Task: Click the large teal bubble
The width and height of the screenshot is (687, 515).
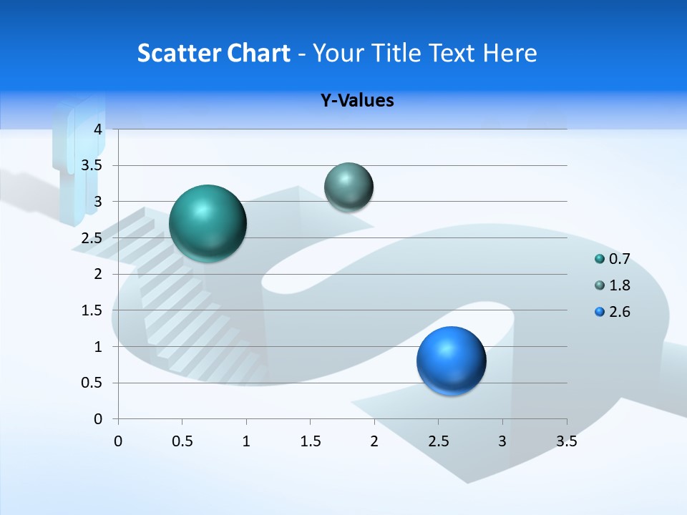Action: coord(208,223)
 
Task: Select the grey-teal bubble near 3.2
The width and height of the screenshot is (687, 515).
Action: coord(349,187)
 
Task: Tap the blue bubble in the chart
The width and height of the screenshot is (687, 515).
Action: coord(451,360)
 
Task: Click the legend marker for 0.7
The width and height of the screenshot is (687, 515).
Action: coord(600,259)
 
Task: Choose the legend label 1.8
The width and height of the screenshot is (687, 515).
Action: coord(619,285)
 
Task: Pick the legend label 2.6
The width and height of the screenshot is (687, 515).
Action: coord(619,312)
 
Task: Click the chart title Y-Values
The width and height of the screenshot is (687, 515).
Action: coord(357,101)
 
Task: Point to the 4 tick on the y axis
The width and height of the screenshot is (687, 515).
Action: coord(99,129)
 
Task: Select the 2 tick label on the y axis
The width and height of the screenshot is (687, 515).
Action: coord(99,274)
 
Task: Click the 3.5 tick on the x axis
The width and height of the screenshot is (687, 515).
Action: coord(566,442)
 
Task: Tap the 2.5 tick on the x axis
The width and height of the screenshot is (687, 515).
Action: coord(438,442)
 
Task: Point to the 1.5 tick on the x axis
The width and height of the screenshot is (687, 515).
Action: coord(310,442)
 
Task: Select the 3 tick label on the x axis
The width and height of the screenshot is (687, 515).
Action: coord(502,442)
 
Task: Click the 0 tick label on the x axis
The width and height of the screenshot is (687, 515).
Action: coord(118,442)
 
